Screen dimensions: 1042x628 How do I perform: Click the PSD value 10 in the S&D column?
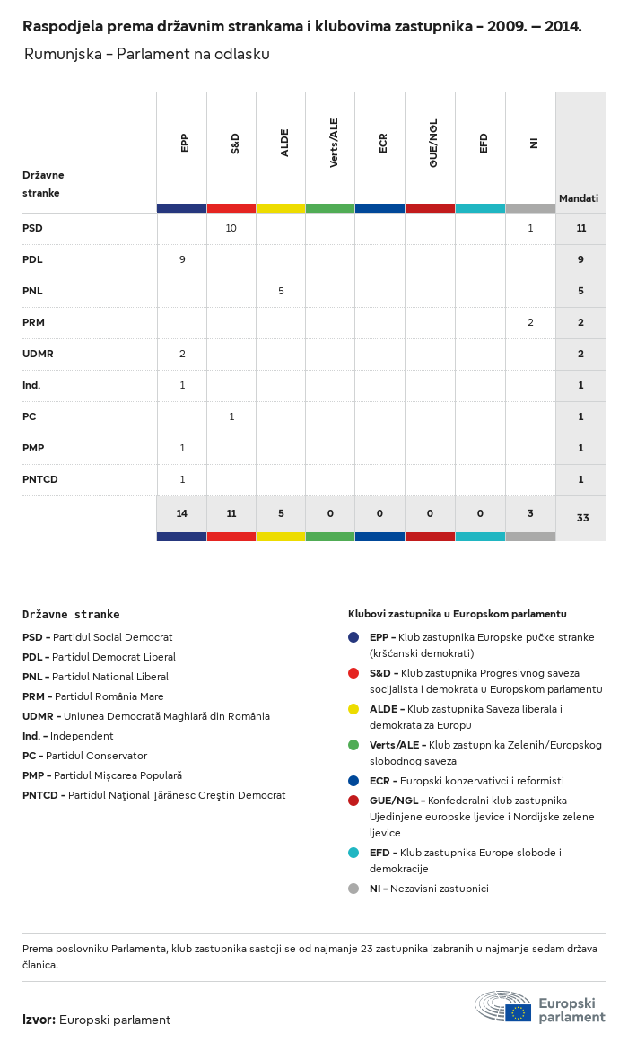point(231,228)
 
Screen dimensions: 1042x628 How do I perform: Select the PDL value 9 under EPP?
point(182,259)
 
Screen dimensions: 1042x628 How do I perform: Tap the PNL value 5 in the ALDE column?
point(281,291)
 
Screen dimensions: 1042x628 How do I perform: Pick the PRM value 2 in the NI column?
point(530,322)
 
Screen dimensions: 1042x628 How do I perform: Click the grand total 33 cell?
point(582,518)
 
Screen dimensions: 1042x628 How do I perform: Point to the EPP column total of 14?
point(182,513)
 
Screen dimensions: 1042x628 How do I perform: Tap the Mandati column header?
point(579,198)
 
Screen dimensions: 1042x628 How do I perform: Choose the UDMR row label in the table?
point(38,354)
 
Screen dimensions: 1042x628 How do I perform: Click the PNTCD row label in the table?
point(40,479)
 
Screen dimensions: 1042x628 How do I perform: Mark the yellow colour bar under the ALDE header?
point(281,208)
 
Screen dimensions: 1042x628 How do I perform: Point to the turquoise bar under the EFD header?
point(480,208)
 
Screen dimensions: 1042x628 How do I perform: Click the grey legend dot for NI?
point(353,889)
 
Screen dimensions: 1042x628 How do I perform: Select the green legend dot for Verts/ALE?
point(353,745)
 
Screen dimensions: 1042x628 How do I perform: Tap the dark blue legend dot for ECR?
point(353,781)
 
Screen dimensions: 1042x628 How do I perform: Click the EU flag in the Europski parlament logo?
point(518,1012)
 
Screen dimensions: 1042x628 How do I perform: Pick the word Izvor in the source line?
point(39,1020)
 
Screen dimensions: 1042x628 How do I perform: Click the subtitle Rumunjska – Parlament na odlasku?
point(147,54)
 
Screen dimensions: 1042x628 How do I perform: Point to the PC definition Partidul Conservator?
point(96,756)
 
